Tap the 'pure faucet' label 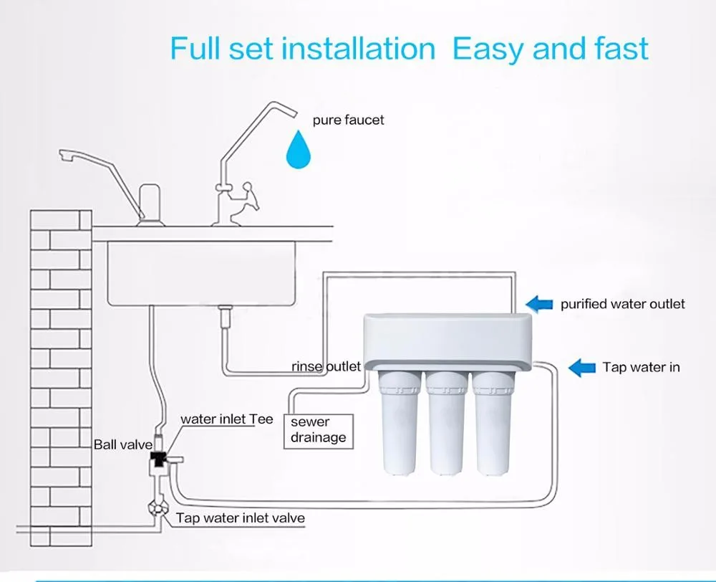click(348, 120)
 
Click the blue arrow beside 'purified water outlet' click(540, 303)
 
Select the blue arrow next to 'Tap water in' click(583, 368)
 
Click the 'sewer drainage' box click(319, 430)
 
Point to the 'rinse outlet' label click(326, 366)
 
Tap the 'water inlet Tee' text click(226, 419)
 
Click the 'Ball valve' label click(123, 444)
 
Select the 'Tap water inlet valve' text click(240, 517)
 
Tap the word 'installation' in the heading click(358, 49)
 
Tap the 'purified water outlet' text click(622, 304)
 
